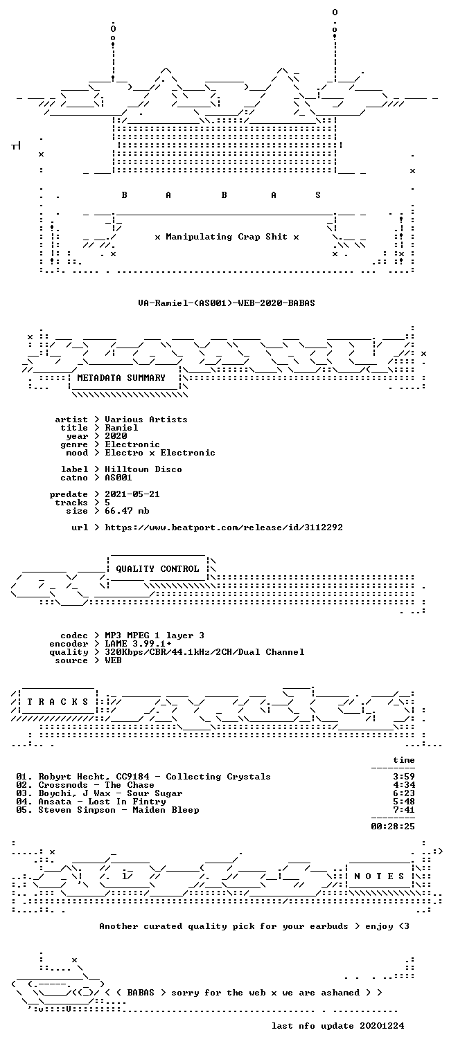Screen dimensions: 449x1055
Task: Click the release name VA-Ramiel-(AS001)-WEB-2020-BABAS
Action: coord(227,303)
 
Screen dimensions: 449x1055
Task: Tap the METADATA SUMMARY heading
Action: coord(121,378)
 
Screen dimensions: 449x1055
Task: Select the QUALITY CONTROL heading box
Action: coord(157,569)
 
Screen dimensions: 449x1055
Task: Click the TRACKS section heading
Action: coord(58,702)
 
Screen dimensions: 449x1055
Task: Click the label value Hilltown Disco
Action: coord(143,469)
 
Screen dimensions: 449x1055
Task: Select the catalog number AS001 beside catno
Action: coord(118,478)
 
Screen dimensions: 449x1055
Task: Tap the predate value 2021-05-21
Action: coord(132,494)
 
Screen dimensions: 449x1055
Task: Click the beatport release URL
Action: coord(224,527)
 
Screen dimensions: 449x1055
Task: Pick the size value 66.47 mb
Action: coord(127,511)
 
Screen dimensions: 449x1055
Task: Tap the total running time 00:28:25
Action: coord(393,827)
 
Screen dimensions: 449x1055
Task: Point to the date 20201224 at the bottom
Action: coord(382,1026)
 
